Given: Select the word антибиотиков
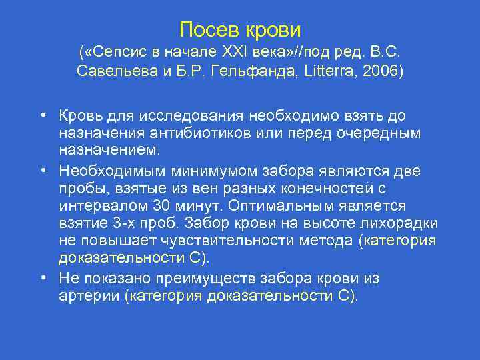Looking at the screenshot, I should [x=192, y=133].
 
